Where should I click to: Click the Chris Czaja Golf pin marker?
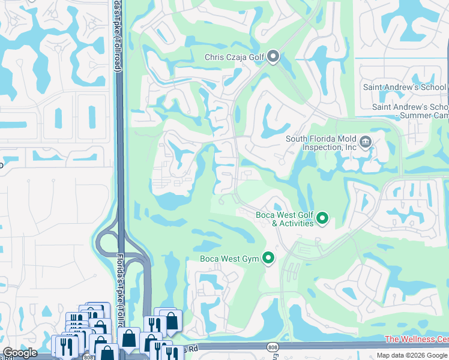click(x=273, y=57)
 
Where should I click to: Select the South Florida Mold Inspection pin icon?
click(x=365, y=142)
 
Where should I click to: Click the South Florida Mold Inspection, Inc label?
click(x=321, y=143)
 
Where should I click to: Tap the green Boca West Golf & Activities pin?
click(x=322, y=218)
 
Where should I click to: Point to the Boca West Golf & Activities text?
click(x=285, y=219)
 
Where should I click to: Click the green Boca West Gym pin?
click(x=268, y=259)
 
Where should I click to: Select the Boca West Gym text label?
click(x=230, y=259)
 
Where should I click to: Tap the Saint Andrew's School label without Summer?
click(x=405, y=87)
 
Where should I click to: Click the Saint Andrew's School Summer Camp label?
click(x=410, y=111)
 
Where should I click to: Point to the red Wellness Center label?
click(x=417, y=340)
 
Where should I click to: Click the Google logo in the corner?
click(x=20, y=352)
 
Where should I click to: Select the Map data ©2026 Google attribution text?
click(x=412, y=355)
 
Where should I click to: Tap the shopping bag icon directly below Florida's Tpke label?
click(x=129, y=338)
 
